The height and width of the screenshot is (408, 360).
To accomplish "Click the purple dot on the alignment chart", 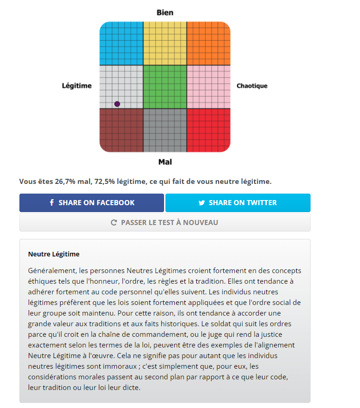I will [x=117, y=104].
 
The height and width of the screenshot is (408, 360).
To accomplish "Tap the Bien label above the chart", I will [x=165, y=12].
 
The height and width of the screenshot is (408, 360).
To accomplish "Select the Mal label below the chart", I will [x=165, y=162].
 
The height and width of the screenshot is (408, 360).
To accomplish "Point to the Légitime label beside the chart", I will [x=77, y=86].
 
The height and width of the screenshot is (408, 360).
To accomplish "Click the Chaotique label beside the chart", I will [x=252, y=86].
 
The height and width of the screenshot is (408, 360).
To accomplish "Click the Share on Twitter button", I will [x=238, y=203].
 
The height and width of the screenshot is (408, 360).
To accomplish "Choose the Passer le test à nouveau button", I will [x=165, y=222].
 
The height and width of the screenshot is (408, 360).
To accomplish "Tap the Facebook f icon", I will [x=52, y=203].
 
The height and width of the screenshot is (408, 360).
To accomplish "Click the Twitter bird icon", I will [x=201, y=203].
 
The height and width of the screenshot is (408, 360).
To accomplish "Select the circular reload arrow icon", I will [x=114, y=223].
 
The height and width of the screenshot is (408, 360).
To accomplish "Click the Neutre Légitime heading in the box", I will [x=54, y=254].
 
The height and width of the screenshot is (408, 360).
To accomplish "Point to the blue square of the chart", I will [x=121, y=43].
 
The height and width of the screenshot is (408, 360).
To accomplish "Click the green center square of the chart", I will [x=165, y=86].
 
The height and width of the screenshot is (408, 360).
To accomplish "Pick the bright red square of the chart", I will [x=208, y=130].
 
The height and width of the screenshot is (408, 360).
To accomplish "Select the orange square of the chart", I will [x=208, y=43].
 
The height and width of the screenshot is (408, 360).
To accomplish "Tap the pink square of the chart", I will [x=208, y=86].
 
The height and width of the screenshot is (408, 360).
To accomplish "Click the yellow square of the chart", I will [x=165, y=43].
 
